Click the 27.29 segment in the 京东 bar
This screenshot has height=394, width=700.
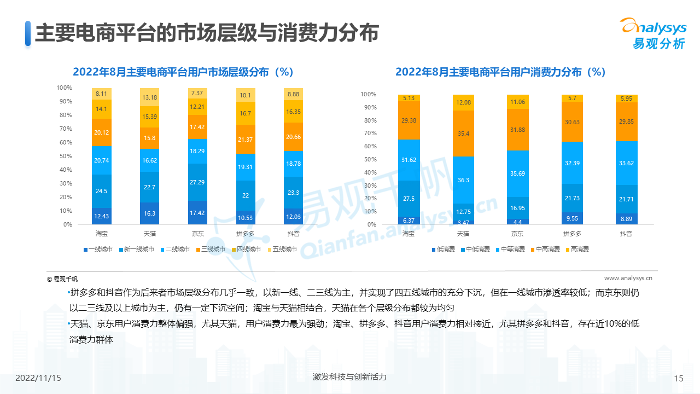[197, 182]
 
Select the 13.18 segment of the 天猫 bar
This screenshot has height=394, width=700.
[149, 97]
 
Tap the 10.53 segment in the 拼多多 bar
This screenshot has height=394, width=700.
[246, 218]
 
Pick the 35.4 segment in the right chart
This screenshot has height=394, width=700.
[463, 134]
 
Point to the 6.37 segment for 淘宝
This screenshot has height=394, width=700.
[409, 220]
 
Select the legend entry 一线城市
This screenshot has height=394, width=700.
[98, 250]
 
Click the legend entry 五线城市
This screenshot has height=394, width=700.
[282, 250]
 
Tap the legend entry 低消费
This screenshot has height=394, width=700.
[443, 250]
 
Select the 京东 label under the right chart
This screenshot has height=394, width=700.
[517, 234]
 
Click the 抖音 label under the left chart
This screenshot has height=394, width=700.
[294, 234]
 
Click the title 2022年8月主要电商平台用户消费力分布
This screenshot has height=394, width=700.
[500, 72]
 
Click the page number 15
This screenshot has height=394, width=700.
[679, 378]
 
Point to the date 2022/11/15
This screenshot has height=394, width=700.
[38, 378]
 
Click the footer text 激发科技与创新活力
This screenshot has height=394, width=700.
[349, 377]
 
